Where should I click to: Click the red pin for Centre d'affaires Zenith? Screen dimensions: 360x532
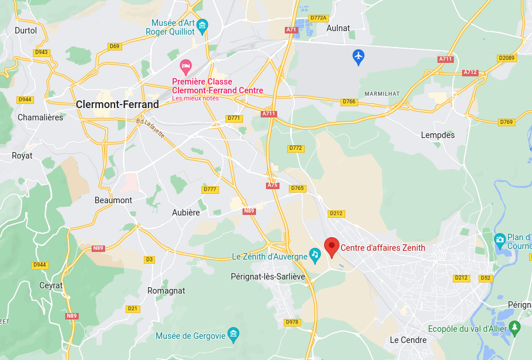[332, 247]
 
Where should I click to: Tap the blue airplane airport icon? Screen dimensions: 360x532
[358, 56]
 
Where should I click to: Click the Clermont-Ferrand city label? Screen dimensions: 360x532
[117, 105]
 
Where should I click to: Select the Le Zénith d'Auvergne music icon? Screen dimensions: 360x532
[315, 254]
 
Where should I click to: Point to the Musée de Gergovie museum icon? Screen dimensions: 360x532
[233, 334]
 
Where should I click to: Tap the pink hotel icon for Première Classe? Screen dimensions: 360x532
[186, 65]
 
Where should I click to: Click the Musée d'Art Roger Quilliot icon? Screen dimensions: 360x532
[203, 25]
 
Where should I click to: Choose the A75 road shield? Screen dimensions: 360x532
[272, 185]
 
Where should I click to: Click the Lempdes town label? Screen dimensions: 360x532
[437, 135]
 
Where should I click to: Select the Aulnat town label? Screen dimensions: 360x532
[338, 28]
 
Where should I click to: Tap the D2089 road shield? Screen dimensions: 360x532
[506, 58]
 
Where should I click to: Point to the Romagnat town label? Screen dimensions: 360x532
[166, 291]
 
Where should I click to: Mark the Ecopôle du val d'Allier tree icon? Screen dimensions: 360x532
[515, 327]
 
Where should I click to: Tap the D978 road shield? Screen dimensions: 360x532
[292, 322]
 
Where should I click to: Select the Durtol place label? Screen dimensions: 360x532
[25, 31]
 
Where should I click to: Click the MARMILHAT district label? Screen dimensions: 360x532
[382, 93]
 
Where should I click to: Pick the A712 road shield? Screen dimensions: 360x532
[470, 72]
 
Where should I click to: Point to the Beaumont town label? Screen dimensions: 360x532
[113, 200]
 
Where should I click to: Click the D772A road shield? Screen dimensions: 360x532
[318, 18]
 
